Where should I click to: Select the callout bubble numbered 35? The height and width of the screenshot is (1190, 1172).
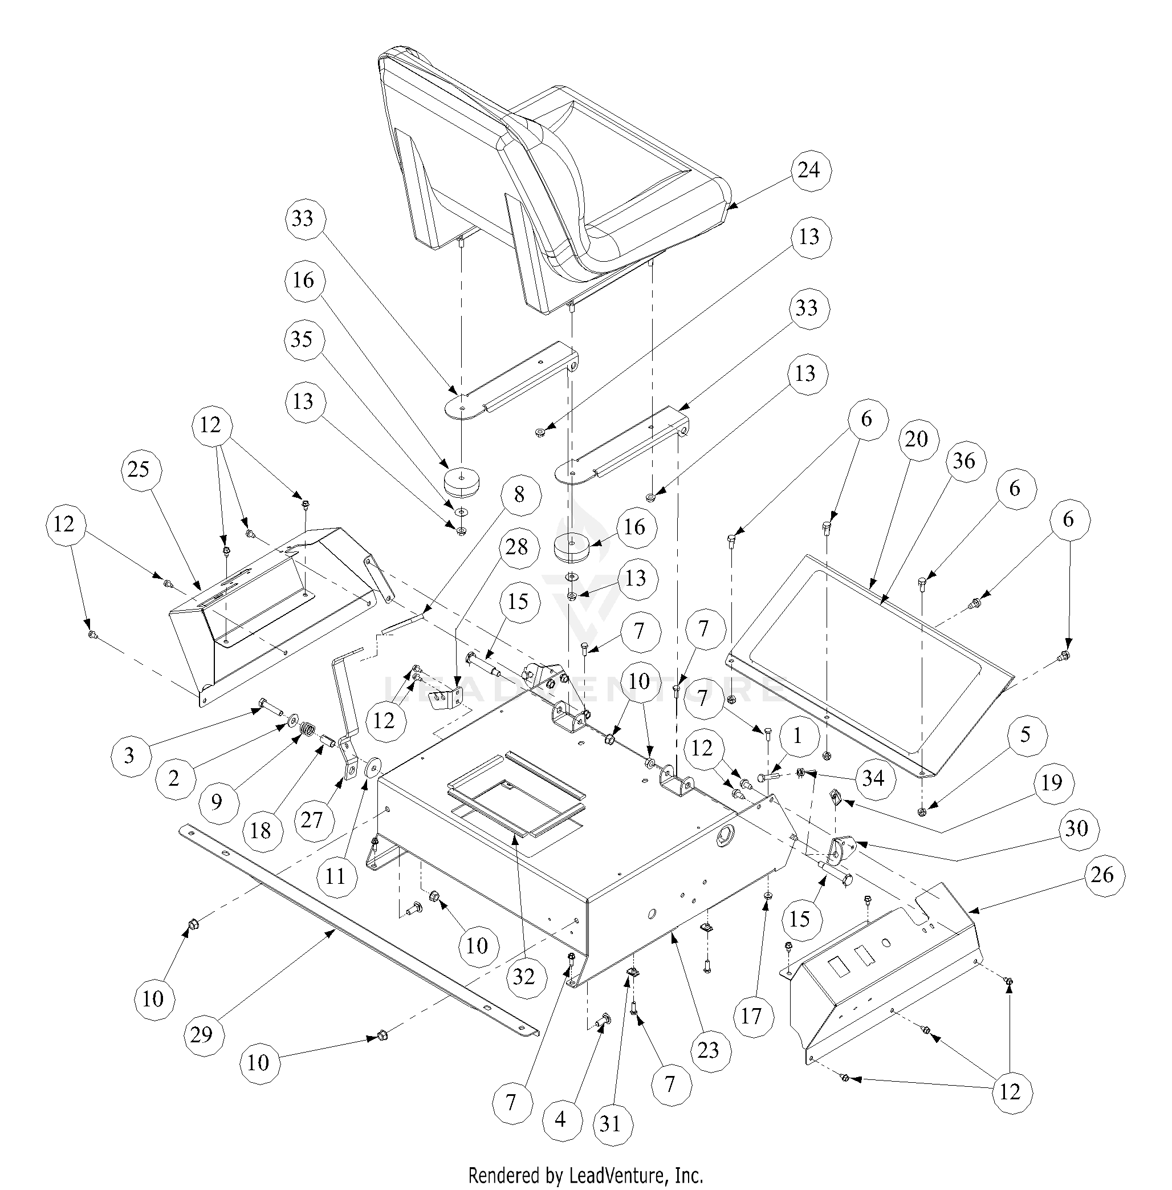302,339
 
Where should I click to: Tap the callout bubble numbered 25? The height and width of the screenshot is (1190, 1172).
139,469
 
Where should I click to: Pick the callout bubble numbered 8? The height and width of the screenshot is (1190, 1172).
519,494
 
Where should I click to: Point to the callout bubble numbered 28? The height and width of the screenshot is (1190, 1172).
516,547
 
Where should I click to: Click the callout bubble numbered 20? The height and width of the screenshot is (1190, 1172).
917,439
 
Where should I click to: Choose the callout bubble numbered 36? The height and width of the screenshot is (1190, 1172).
964,461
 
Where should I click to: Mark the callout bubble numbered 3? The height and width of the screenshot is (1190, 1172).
129,756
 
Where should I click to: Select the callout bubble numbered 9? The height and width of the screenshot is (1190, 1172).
216,802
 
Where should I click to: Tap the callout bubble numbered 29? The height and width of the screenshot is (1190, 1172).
201,1034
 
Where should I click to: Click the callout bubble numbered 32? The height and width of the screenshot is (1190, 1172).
524,976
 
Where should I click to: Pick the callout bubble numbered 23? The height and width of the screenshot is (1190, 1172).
709,1050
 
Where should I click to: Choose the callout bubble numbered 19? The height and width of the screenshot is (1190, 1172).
1052,782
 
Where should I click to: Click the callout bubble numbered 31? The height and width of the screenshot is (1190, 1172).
610,1123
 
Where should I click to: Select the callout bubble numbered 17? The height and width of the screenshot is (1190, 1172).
751,1016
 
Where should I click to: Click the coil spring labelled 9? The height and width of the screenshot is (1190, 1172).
306,733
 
